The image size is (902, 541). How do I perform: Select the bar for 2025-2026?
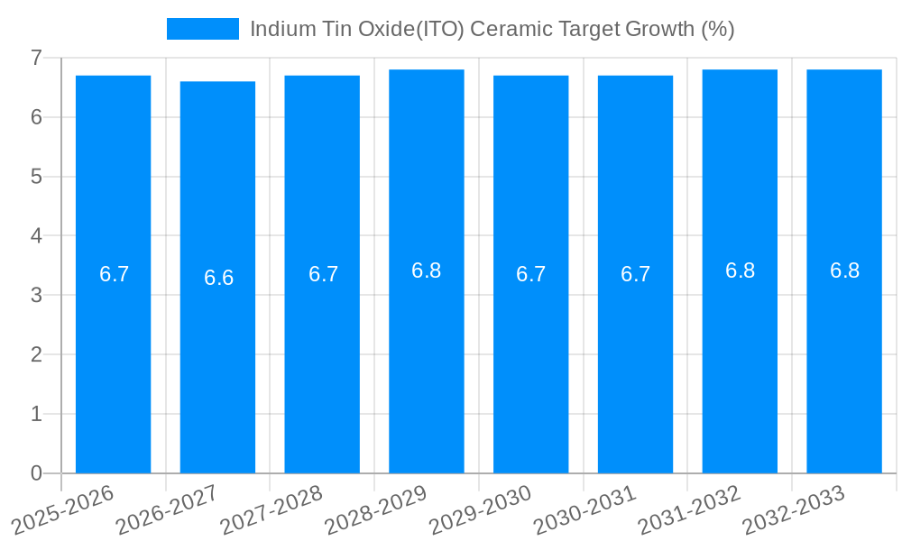(x=113, y=361)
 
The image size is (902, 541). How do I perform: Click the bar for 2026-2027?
(x=217, y=361)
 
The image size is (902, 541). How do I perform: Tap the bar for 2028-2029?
(x=427, y=361)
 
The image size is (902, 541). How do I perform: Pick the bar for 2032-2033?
(x=844, y=361)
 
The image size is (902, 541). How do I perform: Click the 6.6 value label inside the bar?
(x=218, y=278)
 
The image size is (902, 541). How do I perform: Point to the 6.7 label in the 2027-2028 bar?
(x=323, y=274)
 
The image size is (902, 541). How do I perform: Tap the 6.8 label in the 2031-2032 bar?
(x=740, y=270)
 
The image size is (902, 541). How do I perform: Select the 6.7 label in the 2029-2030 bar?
(x=530, y=274)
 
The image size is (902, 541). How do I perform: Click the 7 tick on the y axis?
(x=36, y=58)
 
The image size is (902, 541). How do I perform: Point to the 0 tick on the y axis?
(x=36, y=473)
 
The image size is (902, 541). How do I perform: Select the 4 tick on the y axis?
(x=36, y=236)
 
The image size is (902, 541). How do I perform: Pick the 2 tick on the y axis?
(x=36, y=354)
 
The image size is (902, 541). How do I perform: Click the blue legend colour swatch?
(x=203, y=29)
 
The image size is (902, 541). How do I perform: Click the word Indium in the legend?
(x=280, y=29)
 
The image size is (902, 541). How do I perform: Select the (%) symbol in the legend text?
(x=718, y=29)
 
